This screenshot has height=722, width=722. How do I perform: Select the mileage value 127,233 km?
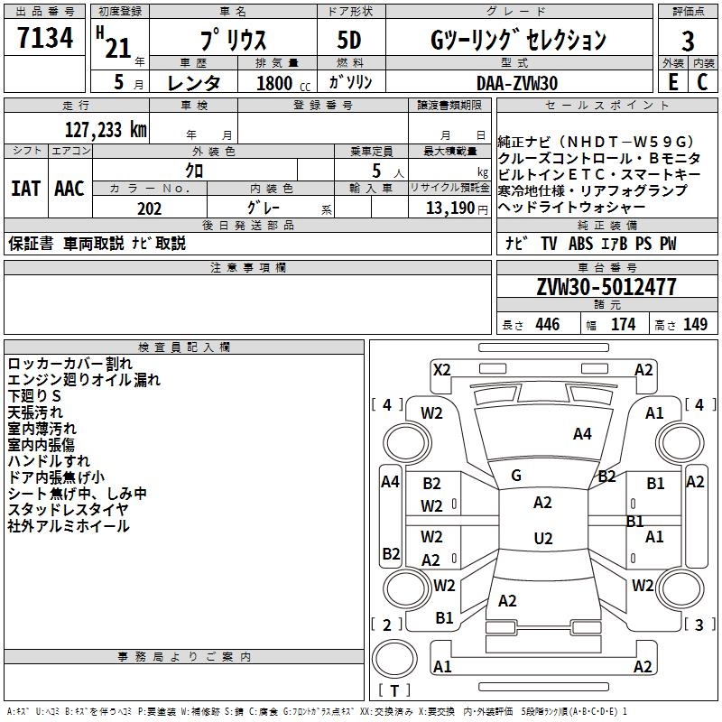point(106,129)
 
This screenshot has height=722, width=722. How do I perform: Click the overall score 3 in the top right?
point(688,41)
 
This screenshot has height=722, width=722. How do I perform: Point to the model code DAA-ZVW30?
point(517,82)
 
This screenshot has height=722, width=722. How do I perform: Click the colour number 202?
point(149,208)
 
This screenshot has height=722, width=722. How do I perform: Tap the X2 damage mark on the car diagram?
point(442,369)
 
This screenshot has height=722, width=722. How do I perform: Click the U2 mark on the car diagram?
point(542,539)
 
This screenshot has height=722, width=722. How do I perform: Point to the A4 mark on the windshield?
point(582,434)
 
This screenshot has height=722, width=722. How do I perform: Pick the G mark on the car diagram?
point(516,476)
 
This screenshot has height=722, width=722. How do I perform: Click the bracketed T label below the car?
point(394,691)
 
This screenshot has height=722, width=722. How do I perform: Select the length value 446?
point(546,325)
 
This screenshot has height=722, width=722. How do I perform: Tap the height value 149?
point(695,325)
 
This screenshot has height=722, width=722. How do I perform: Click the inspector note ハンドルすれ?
point(42,461)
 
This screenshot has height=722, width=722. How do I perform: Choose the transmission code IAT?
point(26,189)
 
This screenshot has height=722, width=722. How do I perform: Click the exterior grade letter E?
point(671,82)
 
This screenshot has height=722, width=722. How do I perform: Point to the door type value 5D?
point(350,41)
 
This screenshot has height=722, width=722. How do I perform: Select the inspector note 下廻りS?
point(34,396)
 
